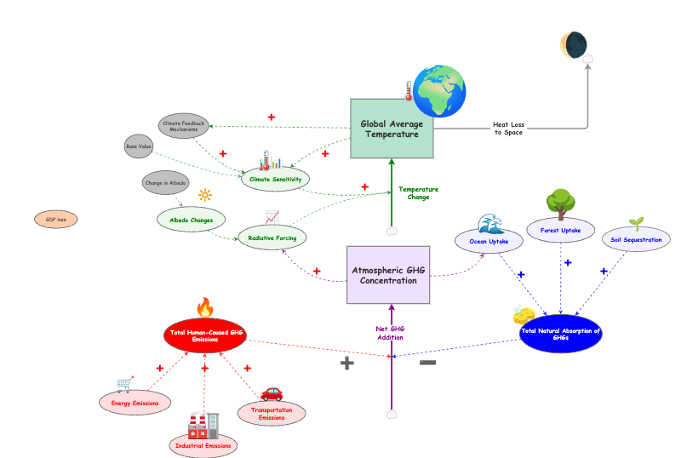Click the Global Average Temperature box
click(x=392, y=129)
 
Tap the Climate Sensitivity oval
click(x=275, y=180)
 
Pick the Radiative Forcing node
click(x=272, y=237)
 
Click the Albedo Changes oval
click(x=191, y=220)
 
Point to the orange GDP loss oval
click(x=56, y=220)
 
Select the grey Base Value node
click(x=139, y=146)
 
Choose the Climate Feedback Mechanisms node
click(x=185, y=126)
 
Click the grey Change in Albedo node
click(x=166, y=183)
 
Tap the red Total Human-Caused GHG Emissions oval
click(x=205, y=335)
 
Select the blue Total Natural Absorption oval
click(x=560, y=335)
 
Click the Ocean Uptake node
click(x=489, y=242)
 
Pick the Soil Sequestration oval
click(x=636, y=240)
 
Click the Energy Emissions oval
click(x=134, y=402)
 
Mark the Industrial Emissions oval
click(x=203, y=444)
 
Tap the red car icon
click(x=272, y=392)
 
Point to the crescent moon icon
click(x=574, y=44)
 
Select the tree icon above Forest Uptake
click(x=559, y=201)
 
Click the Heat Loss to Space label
click(x=507, y=129)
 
